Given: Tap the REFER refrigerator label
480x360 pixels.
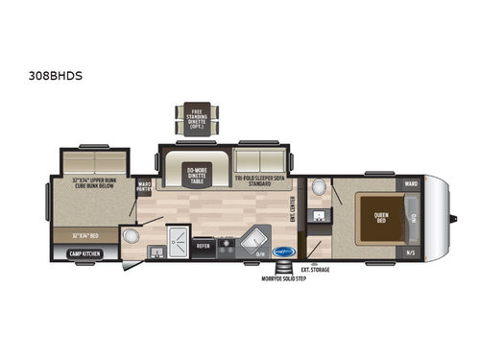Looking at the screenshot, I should pyautogui.click(x=203, y=245).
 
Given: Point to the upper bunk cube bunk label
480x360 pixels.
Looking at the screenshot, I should pyautogui.click(x=95, y=181).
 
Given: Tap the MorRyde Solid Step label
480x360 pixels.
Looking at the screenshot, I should pyautogui.click(x=280, y=279).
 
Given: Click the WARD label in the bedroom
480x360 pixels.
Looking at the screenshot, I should pyautogui.click(x=410, y=182).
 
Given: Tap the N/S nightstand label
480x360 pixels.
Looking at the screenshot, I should pyautogui.click(x=411, y=252).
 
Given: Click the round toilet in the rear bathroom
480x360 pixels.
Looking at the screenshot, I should pyautogui.click(x=132, y=236).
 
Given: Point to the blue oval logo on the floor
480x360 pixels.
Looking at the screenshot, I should pyautogui.click(x=282, y=247).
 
